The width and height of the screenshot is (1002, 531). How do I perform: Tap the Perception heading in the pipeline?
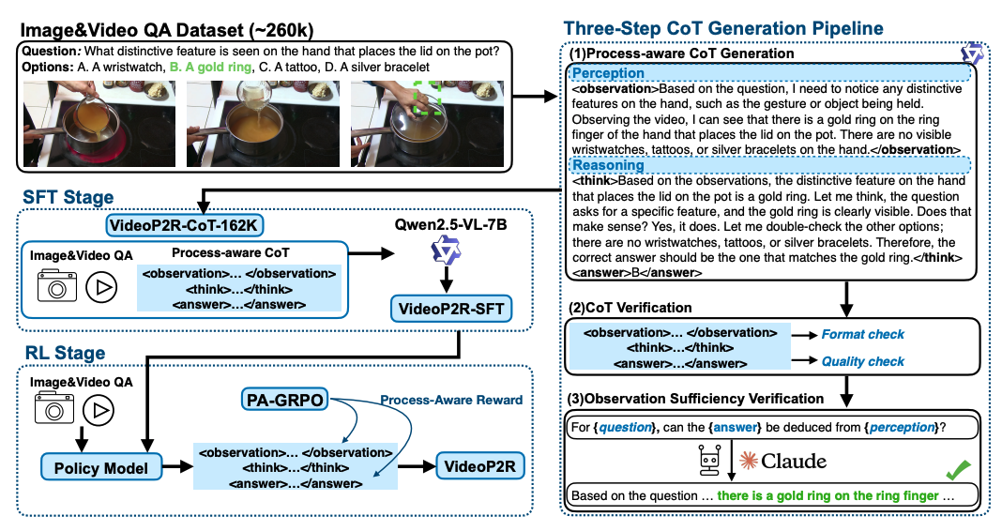(x=608, y=72)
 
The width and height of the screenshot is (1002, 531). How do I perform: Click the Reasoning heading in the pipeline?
(x=608, y=164)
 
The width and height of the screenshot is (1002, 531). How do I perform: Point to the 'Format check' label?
(x=862, y=334)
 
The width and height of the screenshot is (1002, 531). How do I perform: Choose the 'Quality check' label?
(x=862, y=361)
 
